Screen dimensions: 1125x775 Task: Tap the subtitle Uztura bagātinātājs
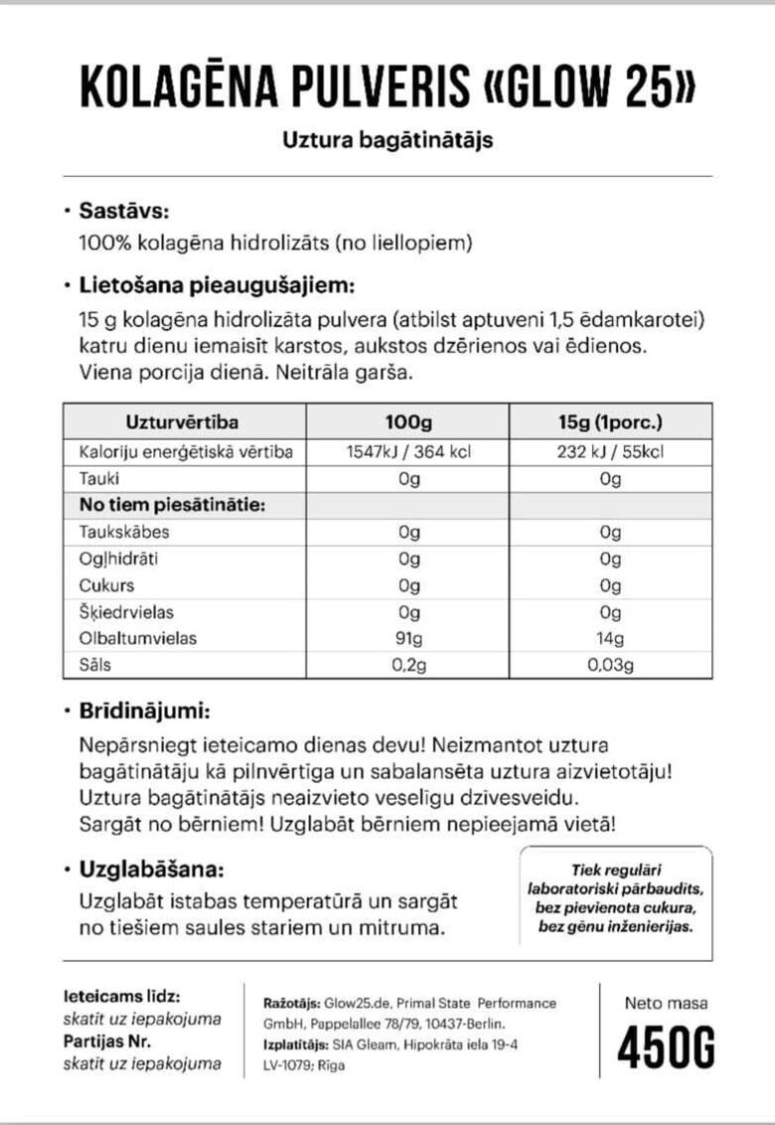(387, 140)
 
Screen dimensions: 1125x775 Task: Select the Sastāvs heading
(124, 212)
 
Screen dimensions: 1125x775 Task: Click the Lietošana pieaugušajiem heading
(217, 287)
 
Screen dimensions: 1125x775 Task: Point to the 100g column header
(408, 422)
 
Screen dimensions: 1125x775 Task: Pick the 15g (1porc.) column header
(610, 422)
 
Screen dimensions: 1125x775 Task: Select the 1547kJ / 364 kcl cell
(408, 452)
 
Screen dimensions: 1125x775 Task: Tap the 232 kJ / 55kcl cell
(610, 452)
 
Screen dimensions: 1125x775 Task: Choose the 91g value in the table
(408, 638)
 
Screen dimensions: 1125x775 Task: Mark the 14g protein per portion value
(610, 638)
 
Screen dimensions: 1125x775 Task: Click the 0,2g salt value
(408, 664)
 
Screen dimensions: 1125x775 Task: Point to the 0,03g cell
(610, 664)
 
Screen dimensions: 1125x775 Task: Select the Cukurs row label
(106, 585)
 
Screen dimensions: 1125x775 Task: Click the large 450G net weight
(665, 1046)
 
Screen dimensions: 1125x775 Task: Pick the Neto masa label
(665, 1003)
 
